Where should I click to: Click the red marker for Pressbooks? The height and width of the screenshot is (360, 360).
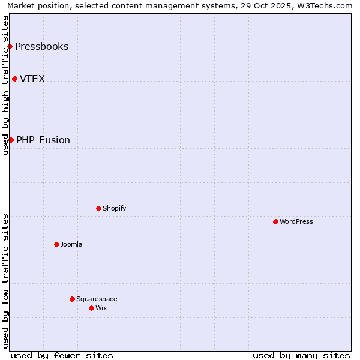click(x=10, y=47)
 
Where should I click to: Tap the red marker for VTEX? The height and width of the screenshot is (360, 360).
click(x=14, y=79)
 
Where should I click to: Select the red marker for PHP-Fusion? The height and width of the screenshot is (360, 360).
click(x=11, y=140)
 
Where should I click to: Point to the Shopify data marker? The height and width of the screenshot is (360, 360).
click(x=98, y=209)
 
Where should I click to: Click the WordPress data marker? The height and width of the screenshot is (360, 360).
click(x=275, y=222)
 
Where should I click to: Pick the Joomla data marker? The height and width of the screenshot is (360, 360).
click(x=56, y=245)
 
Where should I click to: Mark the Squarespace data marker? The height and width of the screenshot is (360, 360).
click(x=72, y=299)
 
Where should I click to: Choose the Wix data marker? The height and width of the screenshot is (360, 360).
click(x=91, y=308)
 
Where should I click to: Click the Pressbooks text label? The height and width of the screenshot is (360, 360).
click(x=41, y=47)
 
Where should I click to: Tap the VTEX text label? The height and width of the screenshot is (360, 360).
click(x=32, y=79)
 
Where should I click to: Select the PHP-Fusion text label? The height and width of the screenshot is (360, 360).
click(x=43, y=140)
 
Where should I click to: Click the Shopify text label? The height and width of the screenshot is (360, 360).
click(x=114, y=209)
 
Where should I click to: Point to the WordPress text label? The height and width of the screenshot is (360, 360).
click(x=296, y=222)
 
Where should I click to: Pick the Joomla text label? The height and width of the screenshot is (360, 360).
click(x=71, y=245)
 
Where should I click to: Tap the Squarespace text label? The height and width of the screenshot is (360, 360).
click(x=97, y=299)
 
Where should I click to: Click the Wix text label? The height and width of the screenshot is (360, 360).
click(x=101, y=308)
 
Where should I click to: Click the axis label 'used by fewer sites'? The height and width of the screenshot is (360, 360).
click(x=62, y=355)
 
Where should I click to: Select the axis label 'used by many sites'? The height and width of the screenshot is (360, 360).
click(x=301, y=355)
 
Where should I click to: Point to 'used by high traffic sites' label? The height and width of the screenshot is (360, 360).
click(x=6, y=85)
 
